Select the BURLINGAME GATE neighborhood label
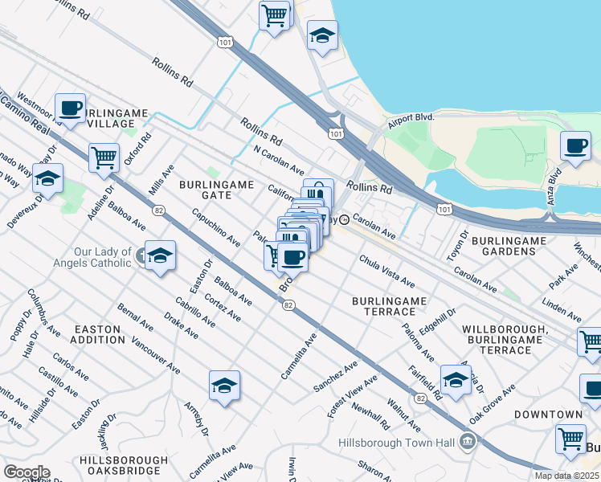216,190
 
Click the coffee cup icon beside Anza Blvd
575,146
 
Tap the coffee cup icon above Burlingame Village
71,108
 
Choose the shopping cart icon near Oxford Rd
104,157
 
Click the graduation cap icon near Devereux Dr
48,178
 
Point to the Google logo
26,472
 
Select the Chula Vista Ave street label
386,272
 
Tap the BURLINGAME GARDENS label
514,246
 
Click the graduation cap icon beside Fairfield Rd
456,379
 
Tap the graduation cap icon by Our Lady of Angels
161,255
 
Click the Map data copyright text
566,476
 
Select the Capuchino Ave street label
215,227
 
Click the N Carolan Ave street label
278,161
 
